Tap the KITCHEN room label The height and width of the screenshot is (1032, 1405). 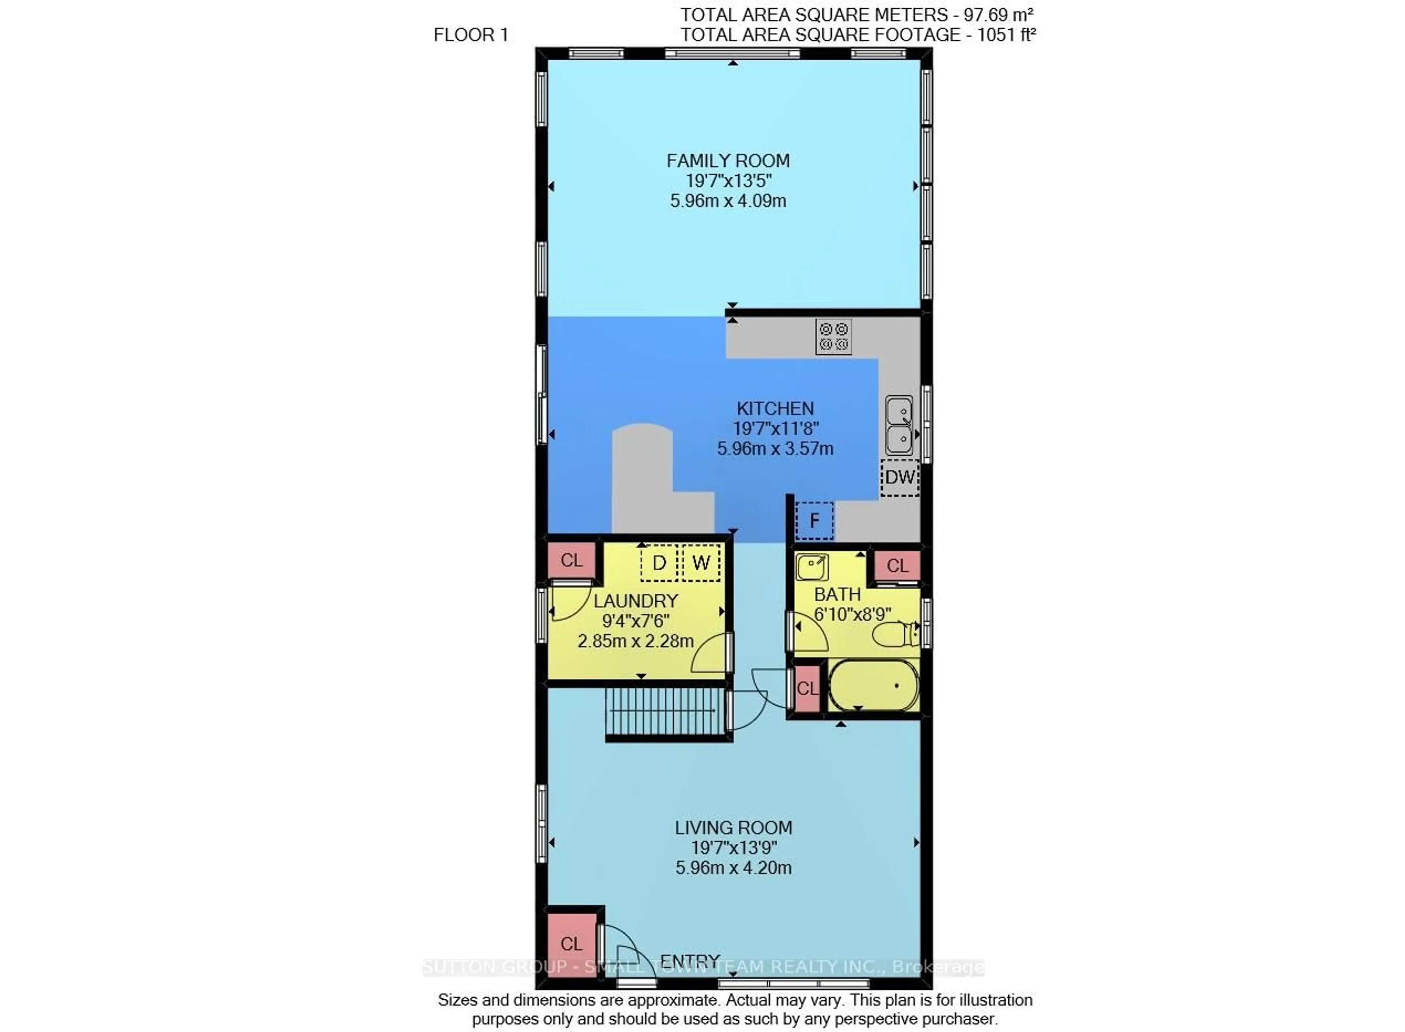tap(775, 409)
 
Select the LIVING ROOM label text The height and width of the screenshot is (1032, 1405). tap(734, 828)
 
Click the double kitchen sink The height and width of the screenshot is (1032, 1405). tap(899, 425)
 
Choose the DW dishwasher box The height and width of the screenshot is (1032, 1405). tap(900, 477)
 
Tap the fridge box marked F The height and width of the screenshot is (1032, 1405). tap(814, 520)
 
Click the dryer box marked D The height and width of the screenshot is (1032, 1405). tap(659, 563)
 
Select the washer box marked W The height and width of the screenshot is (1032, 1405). tap(701, 563)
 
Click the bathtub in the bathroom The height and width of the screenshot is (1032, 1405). tap(873, 685)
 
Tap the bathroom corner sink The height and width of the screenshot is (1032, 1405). tap(812, 567)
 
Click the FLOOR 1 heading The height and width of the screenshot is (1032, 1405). tap(471, 35)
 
